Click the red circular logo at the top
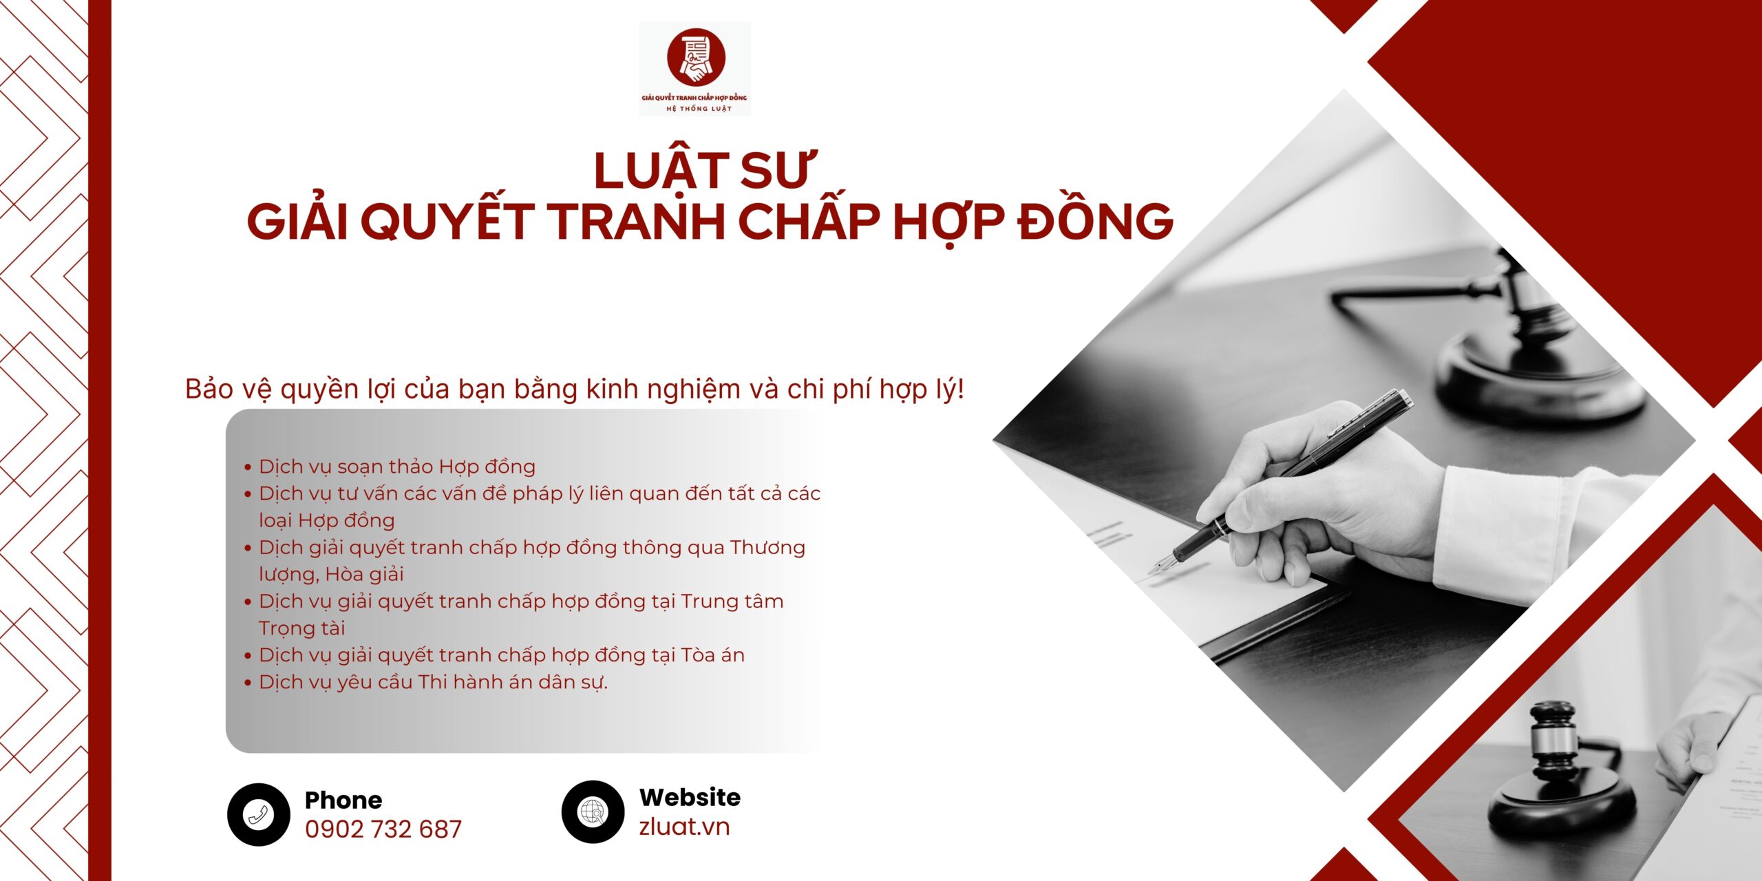tap(696, 58)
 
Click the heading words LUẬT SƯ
tap(704, 170)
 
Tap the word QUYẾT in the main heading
tap(447, 222)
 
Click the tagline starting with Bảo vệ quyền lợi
tap(575, 390)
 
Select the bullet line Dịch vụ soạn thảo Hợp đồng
tap(397, 467)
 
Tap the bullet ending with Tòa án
tap(502, 655)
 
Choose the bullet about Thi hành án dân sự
tap(434, 682)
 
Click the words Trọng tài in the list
tap(302, 628)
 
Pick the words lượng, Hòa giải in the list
tap(332, 574)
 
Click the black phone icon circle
tap(259, 814)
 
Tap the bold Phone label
tap(343, 800)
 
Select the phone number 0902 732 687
tap(383, 829)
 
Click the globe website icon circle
tap(593, 812)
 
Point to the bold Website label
tap(690, 797)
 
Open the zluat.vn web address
tap(684, 827)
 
